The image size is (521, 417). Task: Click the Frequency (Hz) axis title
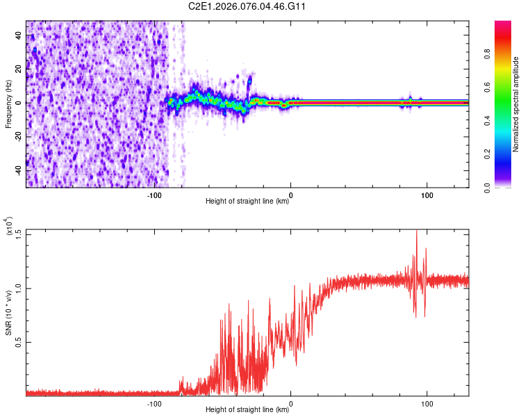(x=8, y=104)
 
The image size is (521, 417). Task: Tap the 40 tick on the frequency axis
(x=19, y=35)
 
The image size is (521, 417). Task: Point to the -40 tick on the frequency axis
(x=17, y=170)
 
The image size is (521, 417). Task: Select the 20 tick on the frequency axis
(x=19, y=69)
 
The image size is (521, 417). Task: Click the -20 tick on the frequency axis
(x=17, y=137)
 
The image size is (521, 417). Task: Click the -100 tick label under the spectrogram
(x=154, y=195)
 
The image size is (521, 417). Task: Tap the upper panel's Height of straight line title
(x=247, y=202)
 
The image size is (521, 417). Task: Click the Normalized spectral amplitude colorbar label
(x=515, y=104)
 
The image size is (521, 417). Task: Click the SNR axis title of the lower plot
(x=9, y=313)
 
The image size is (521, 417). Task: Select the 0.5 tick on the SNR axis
(x=17, y=342)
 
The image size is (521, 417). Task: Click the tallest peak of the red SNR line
(x=416, y=231)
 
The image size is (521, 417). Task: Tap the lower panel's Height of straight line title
(x=247, y=410)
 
